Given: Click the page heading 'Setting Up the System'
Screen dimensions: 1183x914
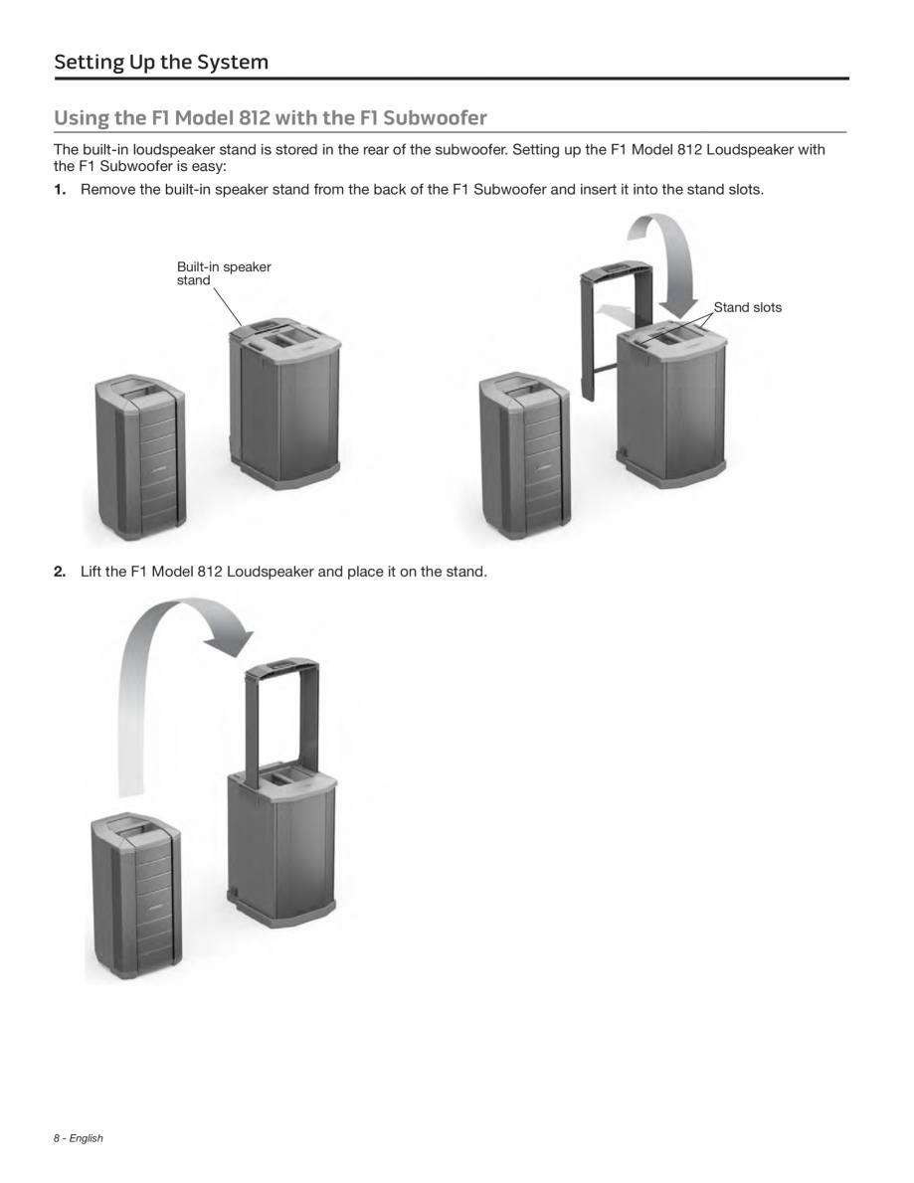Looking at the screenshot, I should click(161, 63).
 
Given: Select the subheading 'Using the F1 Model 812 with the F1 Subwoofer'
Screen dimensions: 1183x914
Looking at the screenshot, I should click(271, 118).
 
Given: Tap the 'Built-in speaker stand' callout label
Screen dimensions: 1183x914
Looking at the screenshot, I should click(224, 273).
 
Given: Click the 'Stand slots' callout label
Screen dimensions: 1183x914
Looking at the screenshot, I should click(748, 307).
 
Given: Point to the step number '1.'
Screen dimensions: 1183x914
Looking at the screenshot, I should click(61, 189).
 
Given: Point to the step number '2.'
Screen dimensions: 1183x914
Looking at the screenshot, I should click(61, 572).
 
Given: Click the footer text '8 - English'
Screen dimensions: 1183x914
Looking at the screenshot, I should click(79, 1138).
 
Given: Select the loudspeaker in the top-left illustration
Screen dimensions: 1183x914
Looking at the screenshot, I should click(140, 457).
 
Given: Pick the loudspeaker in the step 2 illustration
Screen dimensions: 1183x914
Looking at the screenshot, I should click(136, 895).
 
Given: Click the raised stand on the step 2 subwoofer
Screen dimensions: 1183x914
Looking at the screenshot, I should click(281, 716).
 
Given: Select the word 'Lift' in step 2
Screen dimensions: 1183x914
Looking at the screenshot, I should click(91, 572).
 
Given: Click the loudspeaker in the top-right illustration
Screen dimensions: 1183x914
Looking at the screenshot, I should click(524, 457).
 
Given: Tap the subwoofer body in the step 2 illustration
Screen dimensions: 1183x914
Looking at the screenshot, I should click(282, 845).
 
